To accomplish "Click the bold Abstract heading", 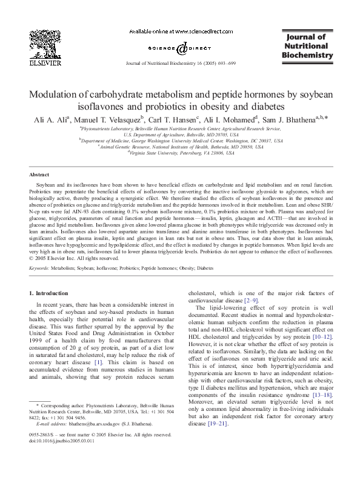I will coord(39,173).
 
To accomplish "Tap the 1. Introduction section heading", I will coord(51,293).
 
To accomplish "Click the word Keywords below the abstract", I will coord(40,267).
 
